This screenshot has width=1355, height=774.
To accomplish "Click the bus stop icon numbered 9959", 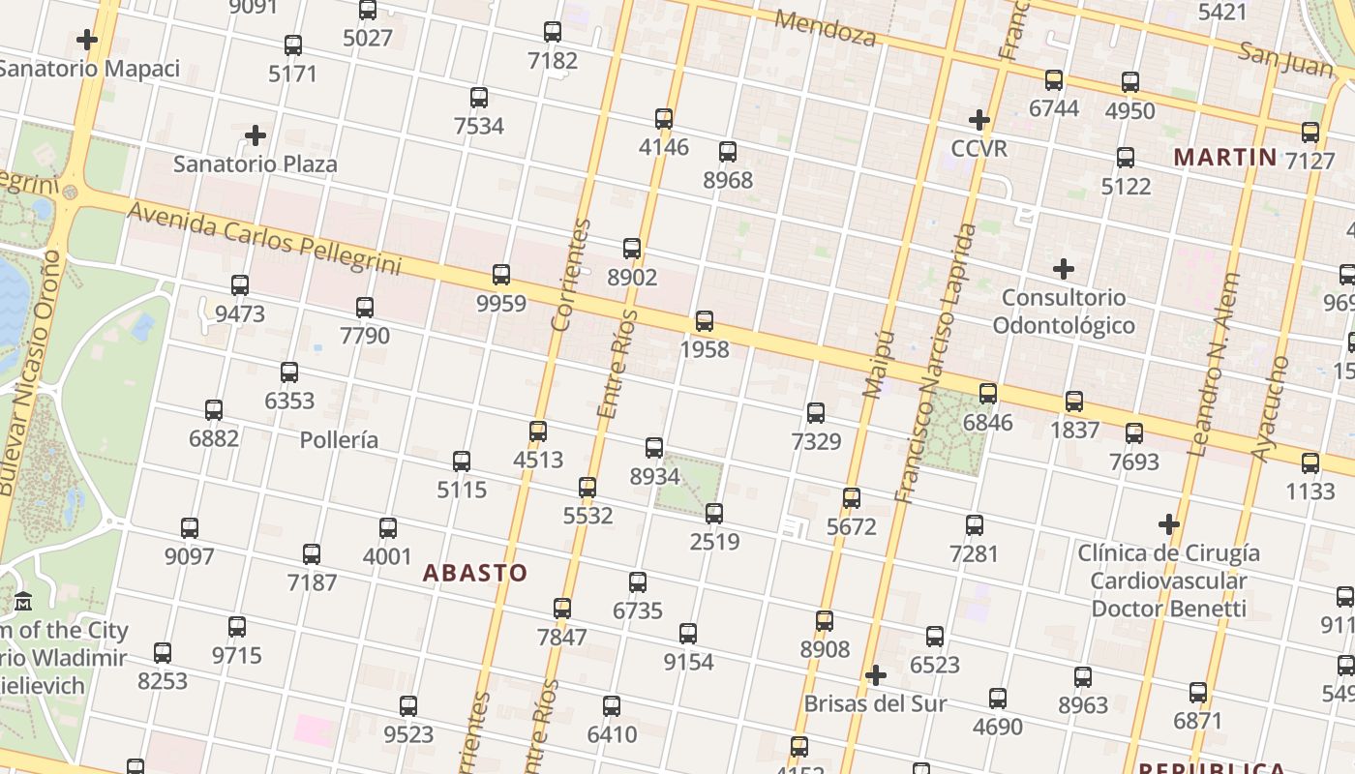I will tap(501, 275).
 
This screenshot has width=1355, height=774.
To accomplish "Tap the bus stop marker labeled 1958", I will tap(705, 321).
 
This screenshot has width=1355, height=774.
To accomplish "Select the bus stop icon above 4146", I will tap(664, 119).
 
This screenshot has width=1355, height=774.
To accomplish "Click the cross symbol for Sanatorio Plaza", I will tap(256, 135).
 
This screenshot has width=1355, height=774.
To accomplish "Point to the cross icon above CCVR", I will tap(979, 120).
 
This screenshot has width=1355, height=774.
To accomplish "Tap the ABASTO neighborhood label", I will tap(475, 573).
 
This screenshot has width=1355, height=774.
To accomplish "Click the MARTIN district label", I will tap(1225, 157).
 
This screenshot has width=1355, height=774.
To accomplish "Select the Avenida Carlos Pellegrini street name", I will tap(263, 238).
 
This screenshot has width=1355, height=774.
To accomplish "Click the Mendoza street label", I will tap(826, 29).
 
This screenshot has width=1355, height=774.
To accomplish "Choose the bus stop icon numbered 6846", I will tap(988, 394).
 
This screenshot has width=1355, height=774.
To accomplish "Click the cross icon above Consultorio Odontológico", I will tap(1064, 268).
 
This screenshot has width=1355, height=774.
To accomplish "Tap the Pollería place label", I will tap(339, 440).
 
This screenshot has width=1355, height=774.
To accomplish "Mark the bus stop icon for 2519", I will tap(714, 514).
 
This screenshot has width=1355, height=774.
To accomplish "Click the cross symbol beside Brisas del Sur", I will tap(876, 675).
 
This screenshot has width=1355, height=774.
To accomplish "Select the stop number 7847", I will tap(562, 637).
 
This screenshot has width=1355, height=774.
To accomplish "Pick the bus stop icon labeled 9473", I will tap(240, 285).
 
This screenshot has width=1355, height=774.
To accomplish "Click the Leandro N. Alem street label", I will tap(1213, 377).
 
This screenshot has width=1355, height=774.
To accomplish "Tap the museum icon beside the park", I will tap(23, 602).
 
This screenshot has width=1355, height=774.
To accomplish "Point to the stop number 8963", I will tap(1083, 705).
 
